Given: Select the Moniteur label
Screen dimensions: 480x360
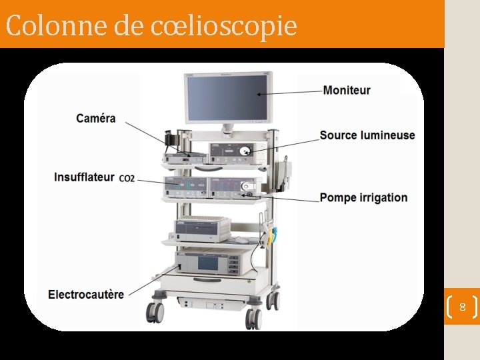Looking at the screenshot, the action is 347,90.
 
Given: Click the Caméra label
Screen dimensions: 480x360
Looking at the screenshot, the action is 95,119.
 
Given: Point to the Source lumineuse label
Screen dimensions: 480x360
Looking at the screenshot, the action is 367,135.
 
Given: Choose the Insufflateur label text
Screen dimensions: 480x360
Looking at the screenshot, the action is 84,177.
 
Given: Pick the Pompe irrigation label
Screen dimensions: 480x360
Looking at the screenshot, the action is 363,197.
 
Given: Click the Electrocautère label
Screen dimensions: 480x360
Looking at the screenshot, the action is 86,294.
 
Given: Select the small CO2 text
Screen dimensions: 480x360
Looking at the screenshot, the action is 127,179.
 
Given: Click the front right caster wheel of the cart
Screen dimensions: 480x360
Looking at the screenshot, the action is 254,316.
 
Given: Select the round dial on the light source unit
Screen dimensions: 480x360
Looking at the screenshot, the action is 245,151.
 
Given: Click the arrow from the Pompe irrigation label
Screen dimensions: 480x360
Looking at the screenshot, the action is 283,197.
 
